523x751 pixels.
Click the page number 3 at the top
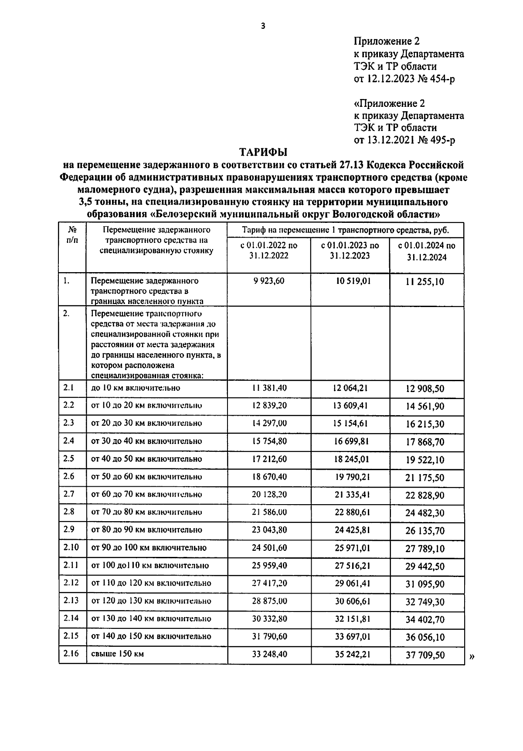coord(263,26)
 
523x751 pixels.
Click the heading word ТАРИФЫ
coord(263,152)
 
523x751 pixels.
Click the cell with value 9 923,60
coord(269,281)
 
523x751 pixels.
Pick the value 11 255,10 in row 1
coord(425,282)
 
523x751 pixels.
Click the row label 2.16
coord(71,653)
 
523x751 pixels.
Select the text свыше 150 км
coord(117,654)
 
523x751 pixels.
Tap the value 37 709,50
coord(425,655)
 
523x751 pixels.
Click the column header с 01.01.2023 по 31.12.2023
coord(350,250)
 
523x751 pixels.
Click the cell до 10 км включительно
coord(136,388)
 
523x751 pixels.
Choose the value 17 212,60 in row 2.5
coord(269,459)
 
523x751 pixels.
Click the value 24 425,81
coord(352,530)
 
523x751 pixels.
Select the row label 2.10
coord(71,547)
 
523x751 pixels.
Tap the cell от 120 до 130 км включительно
coord(151,601)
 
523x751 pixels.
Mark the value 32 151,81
coord(352,619)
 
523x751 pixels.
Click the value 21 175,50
coord(425,478)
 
